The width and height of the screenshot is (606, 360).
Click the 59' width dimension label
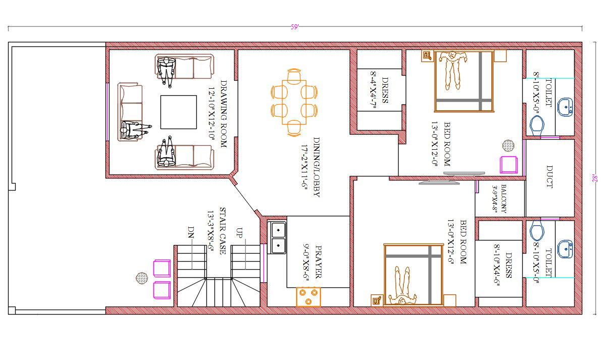(x=295, y=27)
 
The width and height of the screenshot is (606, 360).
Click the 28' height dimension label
(x=595, y=178)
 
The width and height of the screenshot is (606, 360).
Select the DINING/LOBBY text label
(x=316, y=167)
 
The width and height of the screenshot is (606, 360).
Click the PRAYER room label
(x=318, y=262)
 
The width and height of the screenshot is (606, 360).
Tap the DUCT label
(x=549, y=177)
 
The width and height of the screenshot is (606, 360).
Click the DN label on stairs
(x=191, y=232)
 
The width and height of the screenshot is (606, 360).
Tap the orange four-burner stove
(x=308, y=296)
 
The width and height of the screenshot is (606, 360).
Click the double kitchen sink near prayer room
(x=278, y=238)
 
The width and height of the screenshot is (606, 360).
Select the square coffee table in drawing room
(x=178, y=112)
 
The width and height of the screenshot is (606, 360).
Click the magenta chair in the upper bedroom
(x=509, y=165)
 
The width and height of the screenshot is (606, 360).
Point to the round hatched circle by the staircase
(x=142, y=277)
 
